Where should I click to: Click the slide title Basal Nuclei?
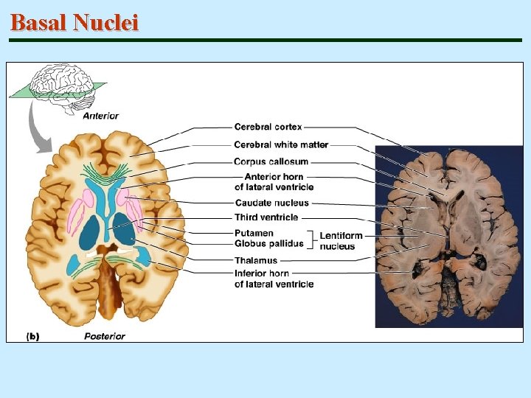tap(74, 23)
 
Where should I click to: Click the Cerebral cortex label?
tap(268, 128)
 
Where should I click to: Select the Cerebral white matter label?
tap(281, 144)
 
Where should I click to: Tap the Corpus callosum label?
tap(271, 161)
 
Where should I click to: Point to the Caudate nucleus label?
tap(271, 203)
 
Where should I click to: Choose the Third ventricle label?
tap(266, 217)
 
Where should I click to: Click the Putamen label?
tap(254, 233)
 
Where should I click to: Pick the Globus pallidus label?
tap(269, 243)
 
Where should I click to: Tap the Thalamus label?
tap(256, 260)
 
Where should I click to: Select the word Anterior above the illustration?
tap(100, 116)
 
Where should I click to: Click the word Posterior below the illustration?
tap(104, 336)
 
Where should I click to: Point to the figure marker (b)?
tap(33, 336)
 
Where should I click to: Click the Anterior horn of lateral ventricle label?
tap(274, 181)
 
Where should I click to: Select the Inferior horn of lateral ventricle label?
tap(274, 279)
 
